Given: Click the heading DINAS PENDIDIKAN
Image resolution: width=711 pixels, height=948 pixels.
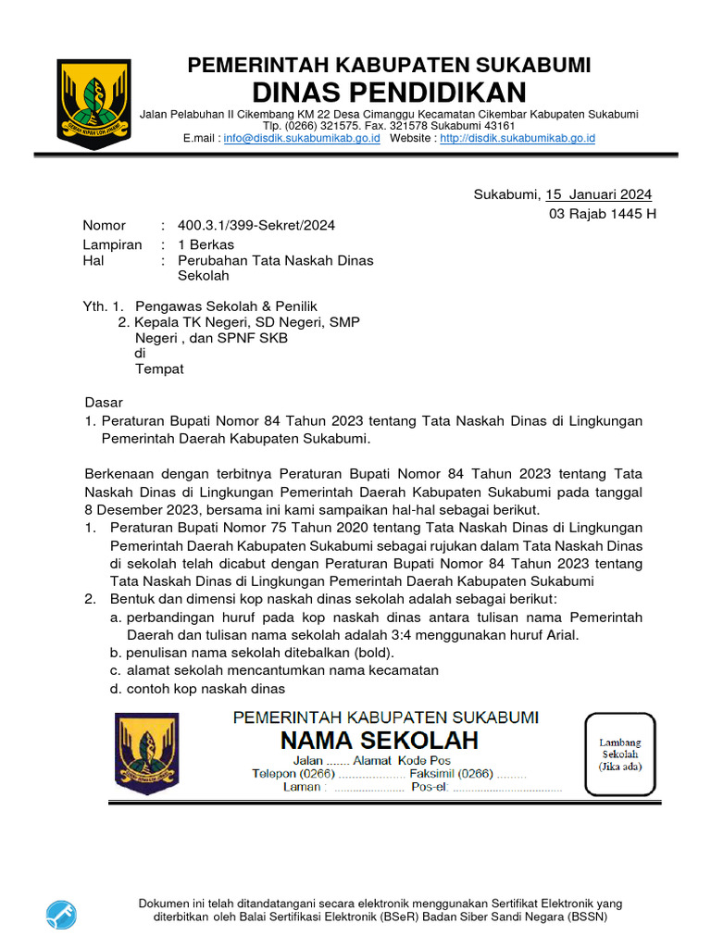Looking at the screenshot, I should (x=389, y=93).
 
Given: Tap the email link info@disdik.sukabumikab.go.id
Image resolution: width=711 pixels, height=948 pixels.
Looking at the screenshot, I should (x=302, y=138).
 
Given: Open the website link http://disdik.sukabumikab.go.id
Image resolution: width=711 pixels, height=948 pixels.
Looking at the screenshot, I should (x=518, y=138).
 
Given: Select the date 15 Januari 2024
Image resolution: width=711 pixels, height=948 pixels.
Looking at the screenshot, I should (x=598, y=194).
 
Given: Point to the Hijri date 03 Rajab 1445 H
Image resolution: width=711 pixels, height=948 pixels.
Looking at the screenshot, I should (x=603, y=214).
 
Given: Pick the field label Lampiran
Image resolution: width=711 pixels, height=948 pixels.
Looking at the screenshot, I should (x=112, y=245).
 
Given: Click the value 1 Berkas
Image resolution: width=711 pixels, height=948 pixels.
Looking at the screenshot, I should (x=206, y=245).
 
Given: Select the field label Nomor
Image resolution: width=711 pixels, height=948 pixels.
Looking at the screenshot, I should (x=104, y=225).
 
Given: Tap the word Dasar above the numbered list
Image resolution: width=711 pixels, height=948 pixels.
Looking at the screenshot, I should (x=104, y=403).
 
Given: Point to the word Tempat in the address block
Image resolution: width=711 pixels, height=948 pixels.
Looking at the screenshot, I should (x=159, y=368).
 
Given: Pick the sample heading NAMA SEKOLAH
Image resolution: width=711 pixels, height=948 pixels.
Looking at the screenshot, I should (x=380, y=741).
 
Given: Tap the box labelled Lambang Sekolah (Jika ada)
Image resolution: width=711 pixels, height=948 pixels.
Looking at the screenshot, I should (x=619, y=755).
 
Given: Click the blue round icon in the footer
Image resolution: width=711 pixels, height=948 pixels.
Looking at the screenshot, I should (x=62, y=914).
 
